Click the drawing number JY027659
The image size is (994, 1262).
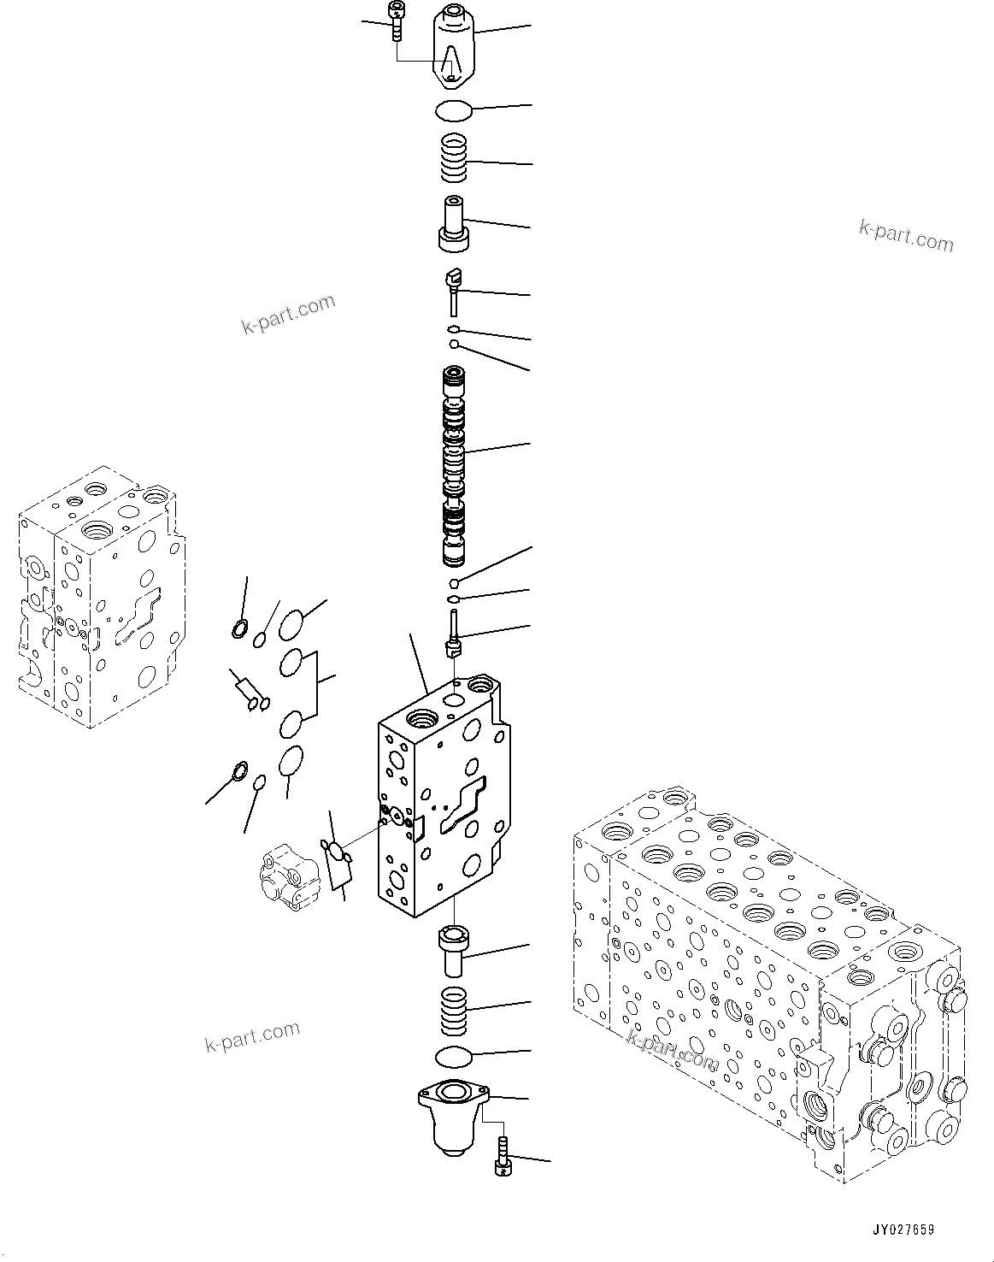(903, 1230)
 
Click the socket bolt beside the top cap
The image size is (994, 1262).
(396, 21)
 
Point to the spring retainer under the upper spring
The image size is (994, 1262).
(454, 224)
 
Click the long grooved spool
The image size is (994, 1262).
(455, 466)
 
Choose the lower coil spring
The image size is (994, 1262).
(454, 1010)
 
